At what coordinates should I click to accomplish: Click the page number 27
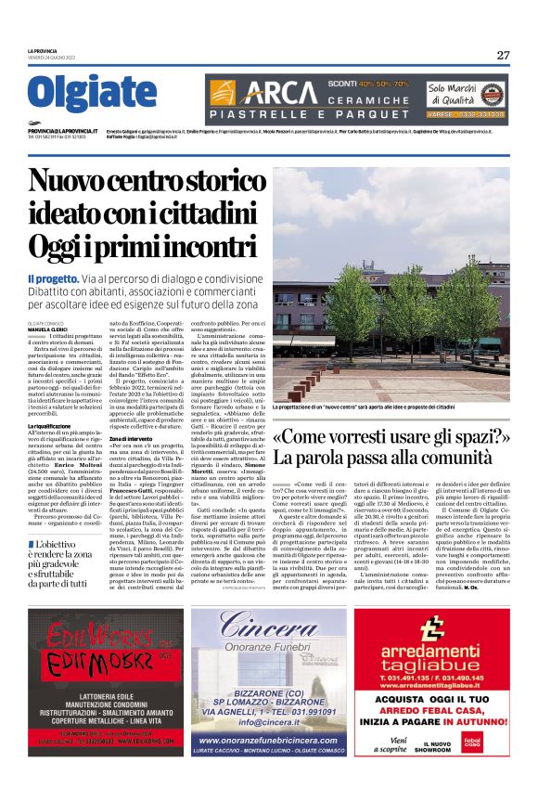(x=503, y=55)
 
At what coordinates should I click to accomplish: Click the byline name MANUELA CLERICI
(x=47, y=329)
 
